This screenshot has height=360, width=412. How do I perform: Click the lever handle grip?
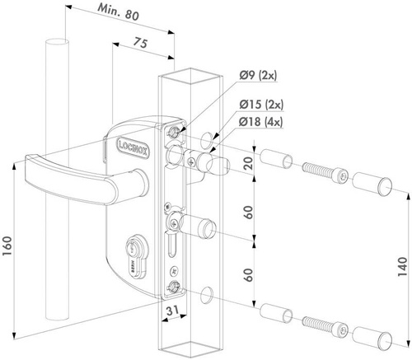(49, 170)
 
